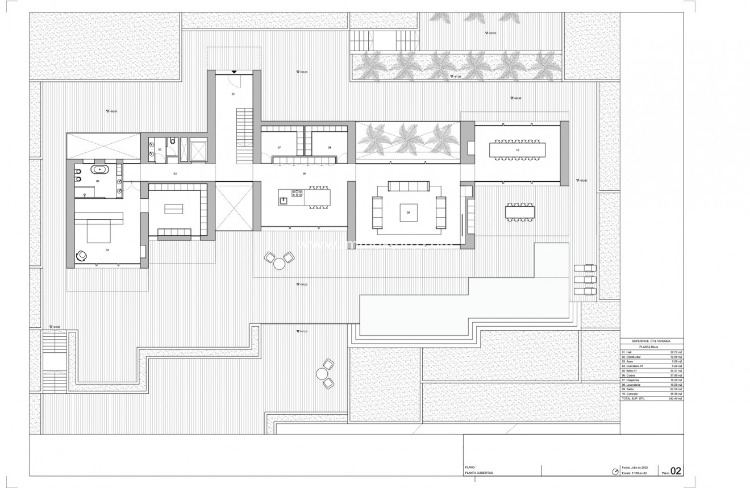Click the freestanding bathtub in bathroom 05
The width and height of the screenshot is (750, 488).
click(x=102, y=169)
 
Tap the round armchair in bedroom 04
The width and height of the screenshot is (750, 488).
click(x=82, y=256)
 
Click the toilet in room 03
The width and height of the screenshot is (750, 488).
click(x=172, y=141)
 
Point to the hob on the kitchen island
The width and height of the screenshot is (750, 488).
click(x=297, y=193)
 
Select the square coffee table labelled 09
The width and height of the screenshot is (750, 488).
click(x=408, y=212)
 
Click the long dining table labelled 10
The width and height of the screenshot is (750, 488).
click(x=517, y=149)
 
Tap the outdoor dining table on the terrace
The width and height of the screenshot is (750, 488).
click(x=519, y=212)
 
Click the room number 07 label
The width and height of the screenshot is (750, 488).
click(x=279, y=147)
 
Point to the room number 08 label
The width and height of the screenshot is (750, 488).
click(x=329, y=147)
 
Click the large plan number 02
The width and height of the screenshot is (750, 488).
click(x=676, y=470)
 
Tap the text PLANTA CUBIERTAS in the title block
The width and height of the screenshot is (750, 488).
click(x=478, y=473)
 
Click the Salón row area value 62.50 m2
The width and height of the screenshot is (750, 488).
click(x=676, y=389)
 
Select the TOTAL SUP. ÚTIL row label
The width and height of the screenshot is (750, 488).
click(x=635, y=399)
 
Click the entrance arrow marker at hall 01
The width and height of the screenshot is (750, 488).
click(x=234, y=72)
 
